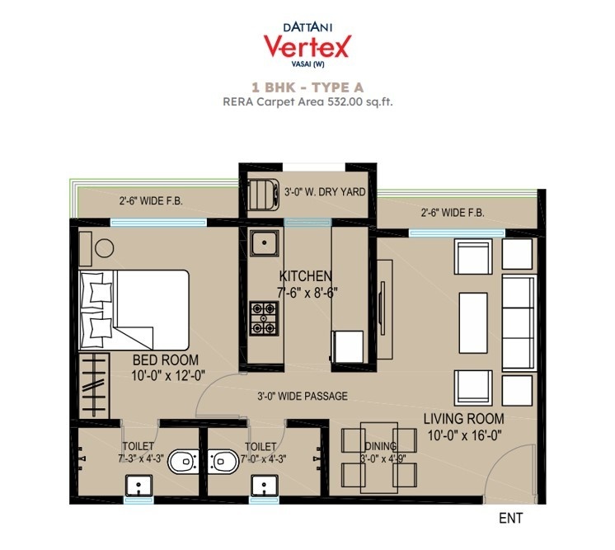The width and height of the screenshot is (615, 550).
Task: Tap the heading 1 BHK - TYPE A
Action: click(307, 87)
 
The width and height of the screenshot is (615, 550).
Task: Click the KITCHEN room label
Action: click(306, 275)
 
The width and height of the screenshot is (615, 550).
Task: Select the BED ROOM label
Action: click(166, 360)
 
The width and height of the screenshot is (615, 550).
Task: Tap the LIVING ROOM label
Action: click(458, 418)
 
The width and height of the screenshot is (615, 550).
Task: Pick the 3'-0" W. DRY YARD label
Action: click(324, 192)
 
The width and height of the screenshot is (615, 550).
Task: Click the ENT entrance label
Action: click(511, 519)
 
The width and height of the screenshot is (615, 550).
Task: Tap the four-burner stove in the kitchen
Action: click(263, 319)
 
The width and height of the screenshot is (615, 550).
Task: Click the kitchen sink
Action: click(264, 244)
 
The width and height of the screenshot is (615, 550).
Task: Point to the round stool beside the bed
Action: click(104, 247)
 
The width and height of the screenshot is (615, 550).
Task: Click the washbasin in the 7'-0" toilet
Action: click(263, 487)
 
